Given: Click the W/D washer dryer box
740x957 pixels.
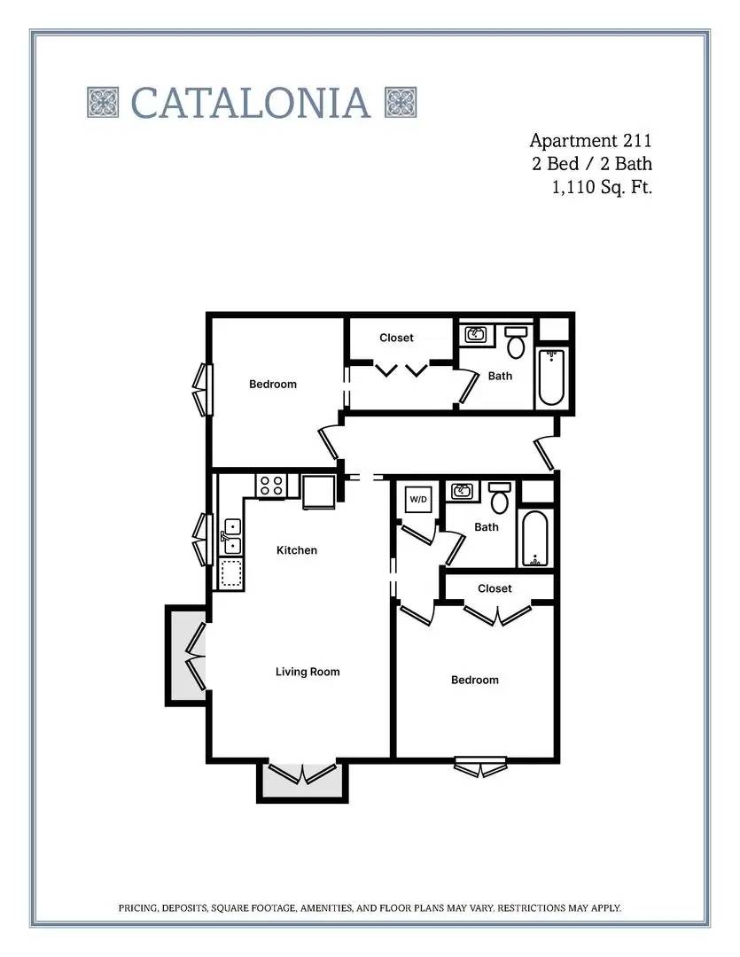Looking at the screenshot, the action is [x=418, y=499].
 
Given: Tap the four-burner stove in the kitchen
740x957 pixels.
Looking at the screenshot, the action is [x=271, y=486].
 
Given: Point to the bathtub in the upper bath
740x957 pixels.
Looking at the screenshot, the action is [x=550, y=377].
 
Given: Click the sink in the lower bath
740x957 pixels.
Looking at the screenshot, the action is [x=462, y=490].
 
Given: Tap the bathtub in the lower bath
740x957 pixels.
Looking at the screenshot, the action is [x=535, y=539].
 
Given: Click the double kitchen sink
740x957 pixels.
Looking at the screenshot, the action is [x=231, y=536].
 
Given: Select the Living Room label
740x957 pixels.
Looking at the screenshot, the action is [x=308, y=672].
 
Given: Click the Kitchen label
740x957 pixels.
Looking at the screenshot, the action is [x=297, y=550].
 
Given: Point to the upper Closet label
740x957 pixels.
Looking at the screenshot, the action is [x=396, y=338].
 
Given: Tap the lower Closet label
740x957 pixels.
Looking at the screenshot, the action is [x=495, y=588].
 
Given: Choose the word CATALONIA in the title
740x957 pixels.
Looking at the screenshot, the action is [x=250, y=103].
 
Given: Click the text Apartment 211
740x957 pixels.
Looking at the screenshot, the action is [x=590, y=141].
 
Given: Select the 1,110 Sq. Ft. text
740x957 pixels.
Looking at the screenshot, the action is [x=602, y=187].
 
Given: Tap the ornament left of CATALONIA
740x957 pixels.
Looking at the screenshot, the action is [x=103, y=103].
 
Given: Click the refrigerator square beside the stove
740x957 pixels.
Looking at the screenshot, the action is [x=318, y=491].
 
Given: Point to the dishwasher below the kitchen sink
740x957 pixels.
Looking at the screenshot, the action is [x=230, y=573].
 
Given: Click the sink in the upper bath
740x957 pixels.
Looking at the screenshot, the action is [x=476, y=334].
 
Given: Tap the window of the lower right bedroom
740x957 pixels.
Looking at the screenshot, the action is [x=480, y=766].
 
